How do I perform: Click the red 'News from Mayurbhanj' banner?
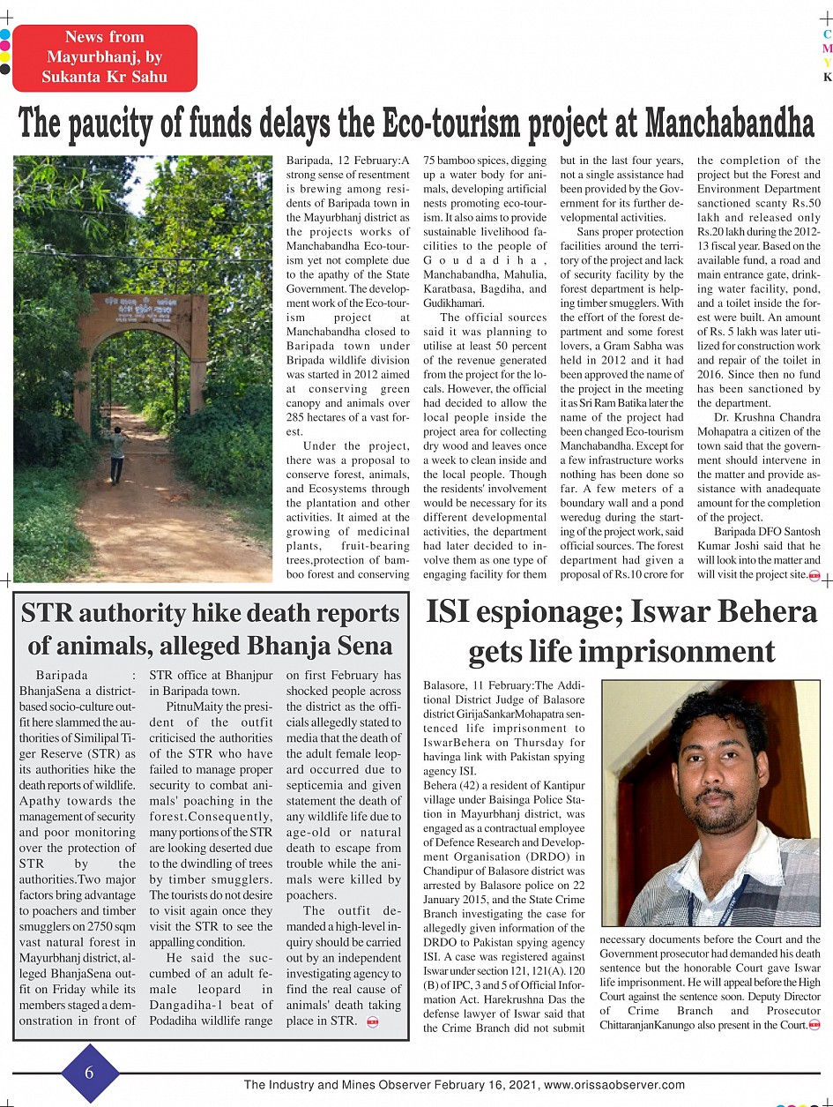coord(105,57)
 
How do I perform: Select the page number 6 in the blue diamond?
coord(89,1073)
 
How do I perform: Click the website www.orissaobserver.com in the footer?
coord(614,1085)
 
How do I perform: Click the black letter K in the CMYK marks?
coord(827,78)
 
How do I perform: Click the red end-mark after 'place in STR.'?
coord(373,1021)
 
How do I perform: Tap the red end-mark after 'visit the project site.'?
coord(814,575)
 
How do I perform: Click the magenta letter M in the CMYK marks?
coord(827,49)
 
